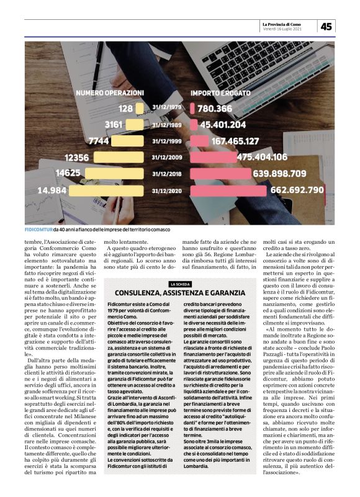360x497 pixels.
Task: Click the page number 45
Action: coord(326,26)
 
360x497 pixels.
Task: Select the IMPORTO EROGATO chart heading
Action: coord(221,92)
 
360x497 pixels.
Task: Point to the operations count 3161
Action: coord(114,124)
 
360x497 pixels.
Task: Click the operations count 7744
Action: coord(98,141)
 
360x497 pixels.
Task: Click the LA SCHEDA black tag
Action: coord(179,284)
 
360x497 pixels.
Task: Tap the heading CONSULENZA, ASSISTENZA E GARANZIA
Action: coord(180,292)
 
